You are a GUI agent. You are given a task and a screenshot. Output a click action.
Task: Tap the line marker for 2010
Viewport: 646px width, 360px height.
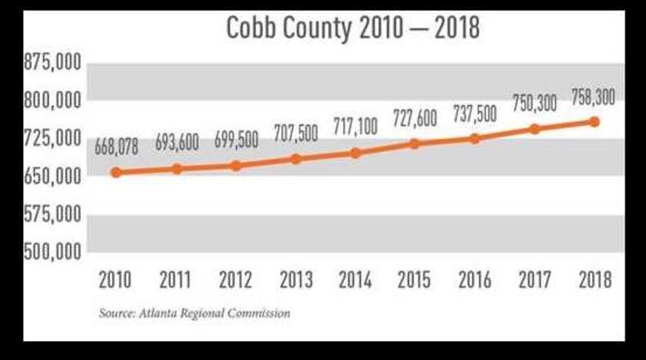click(116, 173)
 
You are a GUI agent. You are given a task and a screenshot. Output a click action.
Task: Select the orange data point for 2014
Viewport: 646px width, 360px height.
click(355, 153)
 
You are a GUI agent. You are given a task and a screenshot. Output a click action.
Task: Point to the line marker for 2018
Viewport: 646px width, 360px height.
click(594, 122)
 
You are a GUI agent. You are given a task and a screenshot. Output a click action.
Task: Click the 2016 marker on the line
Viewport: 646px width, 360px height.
click(475, 138)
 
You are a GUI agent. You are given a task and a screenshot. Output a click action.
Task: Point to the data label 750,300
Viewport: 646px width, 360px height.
click(536, 103)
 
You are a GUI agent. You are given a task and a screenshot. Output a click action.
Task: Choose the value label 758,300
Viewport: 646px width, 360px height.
click(594, 97)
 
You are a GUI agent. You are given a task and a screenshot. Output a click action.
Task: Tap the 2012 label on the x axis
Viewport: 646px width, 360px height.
click(236, 281)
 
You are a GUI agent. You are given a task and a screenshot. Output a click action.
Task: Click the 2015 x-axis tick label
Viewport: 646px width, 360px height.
click(415, 281)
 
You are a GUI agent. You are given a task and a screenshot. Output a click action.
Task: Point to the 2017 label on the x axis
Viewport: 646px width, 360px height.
click(535, 281)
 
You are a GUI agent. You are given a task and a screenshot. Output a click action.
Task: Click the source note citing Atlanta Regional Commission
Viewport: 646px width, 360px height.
click(194, 313)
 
